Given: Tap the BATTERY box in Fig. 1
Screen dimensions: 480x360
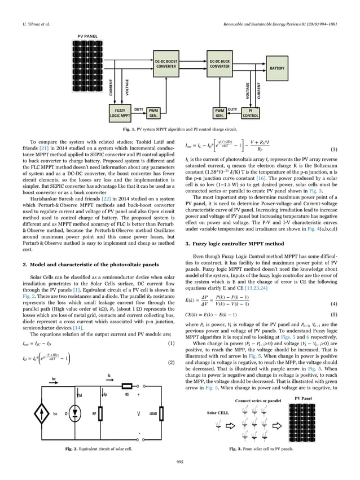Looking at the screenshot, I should [277, 68].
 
